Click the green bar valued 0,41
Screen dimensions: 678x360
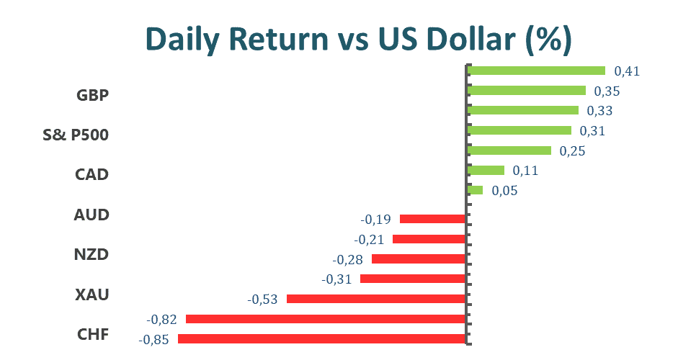pyautogui.click(x=537, y=71)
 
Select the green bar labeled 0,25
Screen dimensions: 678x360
pyautogui.click(x=510, y=150)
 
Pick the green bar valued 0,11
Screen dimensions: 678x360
pyautogui.click(x=486, y=170)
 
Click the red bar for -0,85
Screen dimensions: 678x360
pyautogui.click(x=321, y=339)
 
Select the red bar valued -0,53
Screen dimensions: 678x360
pyautogui.click(x=376, y=299)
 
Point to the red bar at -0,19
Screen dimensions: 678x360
pyautogui.click(x=432, y=219)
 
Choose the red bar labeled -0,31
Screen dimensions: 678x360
pyautogui.click(x=413, y=279)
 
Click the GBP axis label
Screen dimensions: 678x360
pyautogui.click(x=92, y=95)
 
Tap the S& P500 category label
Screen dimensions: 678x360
pyautogui.click(x=76, y=135)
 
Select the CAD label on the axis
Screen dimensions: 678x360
pyautogui.click(x=92, y=174)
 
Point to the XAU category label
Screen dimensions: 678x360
pyautogui.click(x=92, y=294)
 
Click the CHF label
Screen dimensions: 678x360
pyautogui.click(x=93, y=335)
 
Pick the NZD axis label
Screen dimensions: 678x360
pyautogui.click(x=92, y=255)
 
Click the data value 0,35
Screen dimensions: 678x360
pyautogui.click(x=607, y=91)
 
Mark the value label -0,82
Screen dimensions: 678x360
pyautogui.click(x=161, y=320)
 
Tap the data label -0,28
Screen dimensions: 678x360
pyautogui.click(x=348, y=259)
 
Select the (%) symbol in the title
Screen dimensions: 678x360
pyautogui.click(x=549, y=40)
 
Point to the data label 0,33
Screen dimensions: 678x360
pyautogui.click(x=599, y=111)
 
